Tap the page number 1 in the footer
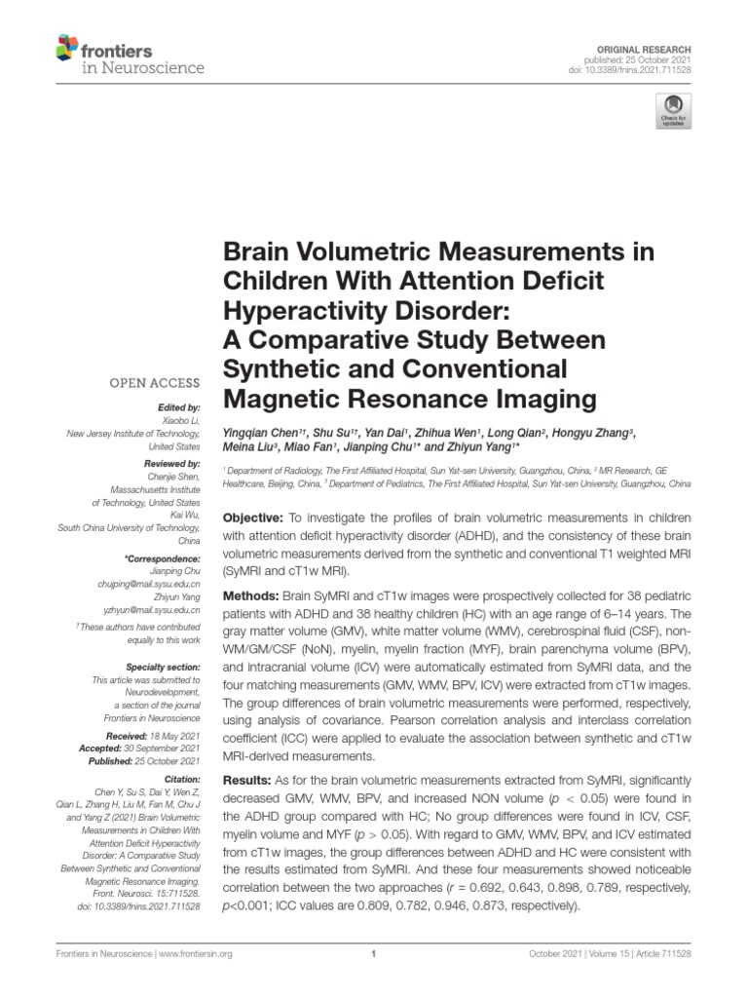[374, 955]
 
